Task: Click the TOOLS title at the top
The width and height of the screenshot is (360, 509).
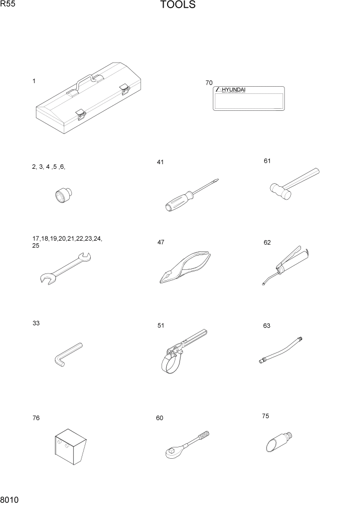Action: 178,6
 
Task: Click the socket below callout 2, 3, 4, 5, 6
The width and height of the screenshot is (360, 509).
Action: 64,196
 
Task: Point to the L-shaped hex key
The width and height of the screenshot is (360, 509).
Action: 67,355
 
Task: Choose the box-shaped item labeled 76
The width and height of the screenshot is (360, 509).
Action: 70,442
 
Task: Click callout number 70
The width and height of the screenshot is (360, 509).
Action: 209,83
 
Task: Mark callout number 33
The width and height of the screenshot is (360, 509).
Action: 36,323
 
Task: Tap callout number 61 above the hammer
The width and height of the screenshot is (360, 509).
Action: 267,161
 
